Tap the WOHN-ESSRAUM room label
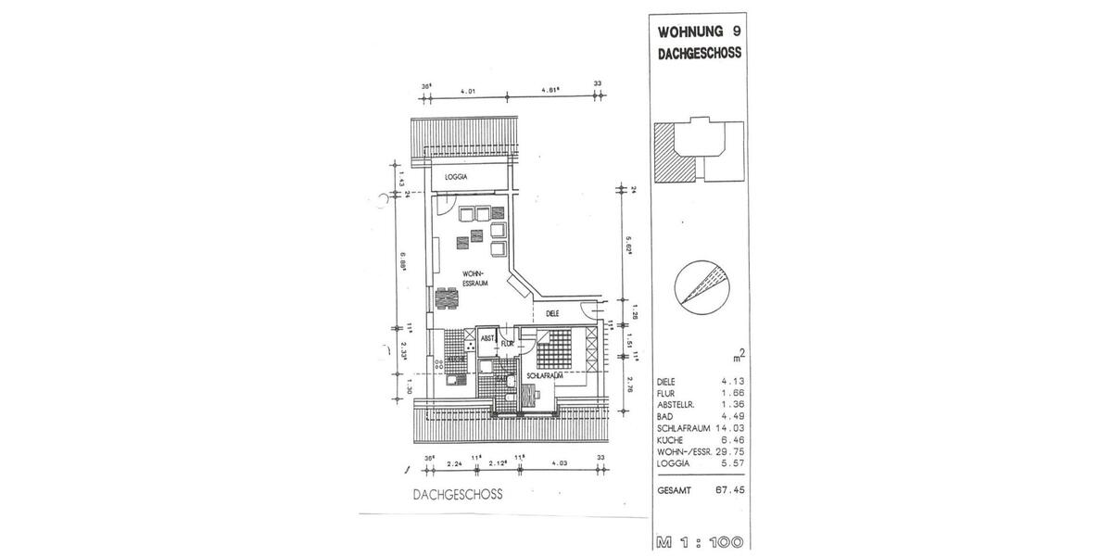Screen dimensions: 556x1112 coord(476,279)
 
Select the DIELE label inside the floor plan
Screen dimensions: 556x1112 coord(552,313)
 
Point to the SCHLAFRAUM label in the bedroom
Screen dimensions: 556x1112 coord(544,377)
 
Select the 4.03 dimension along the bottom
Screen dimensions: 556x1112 coord(561,464)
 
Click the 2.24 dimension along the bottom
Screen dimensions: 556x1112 coord(454,464)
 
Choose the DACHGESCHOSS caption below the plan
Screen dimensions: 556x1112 coord(458,495)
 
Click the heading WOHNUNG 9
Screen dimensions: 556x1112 coord(699,31)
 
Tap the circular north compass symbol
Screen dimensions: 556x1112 coord(700,283)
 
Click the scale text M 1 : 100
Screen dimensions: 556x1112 coord(700,541)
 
